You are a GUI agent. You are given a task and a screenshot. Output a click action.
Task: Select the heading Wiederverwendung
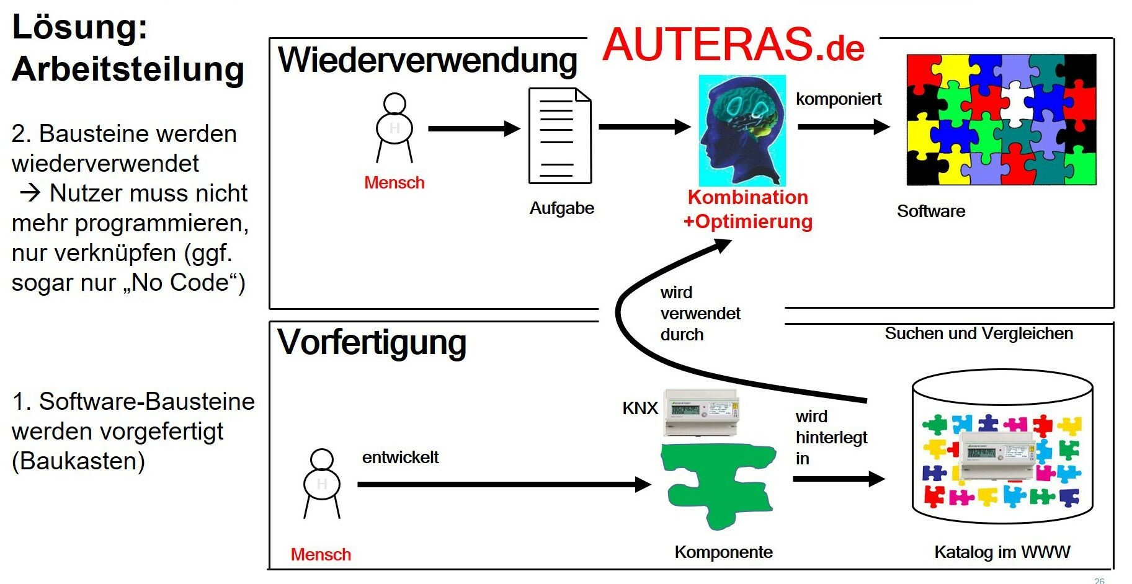(x=427, y=61)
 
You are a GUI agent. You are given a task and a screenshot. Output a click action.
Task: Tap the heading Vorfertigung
(x=372, y=342)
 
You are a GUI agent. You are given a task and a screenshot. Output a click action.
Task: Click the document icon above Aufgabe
(x=559, y=136)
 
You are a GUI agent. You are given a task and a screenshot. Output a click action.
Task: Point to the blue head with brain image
(x=742, y=130)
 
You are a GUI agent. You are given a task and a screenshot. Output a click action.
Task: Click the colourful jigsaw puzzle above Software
(x=1001, y=120)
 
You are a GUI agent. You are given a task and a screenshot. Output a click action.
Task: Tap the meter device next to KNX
(x=701, y=411)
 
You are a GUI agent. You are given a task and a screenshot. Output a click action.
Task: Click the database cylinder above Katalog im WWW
(x=1002, y=446)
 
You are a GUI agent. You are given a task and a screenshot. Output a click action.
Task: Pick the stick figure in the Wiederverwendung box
(x=394, y=128)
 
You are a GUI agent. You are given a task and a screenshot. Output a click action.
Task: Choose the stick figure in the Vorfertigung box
(x=321, y=483)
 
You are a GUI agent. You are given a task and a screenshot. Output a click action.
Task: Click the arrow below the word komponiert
(x=844, y=126)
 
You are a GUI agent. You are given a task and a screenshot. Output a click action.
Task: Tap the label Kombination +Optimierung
(x=747, y=209)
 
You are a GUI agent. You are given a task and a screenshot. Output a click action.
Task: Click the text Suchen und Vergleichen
(x=978, y=334)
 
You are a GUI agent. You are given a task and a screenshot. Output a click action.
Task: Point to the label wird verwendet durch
(x=700, y=313)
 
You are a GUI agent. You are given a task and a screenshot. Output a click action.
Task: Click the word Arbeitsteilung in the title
(x=128, y=69)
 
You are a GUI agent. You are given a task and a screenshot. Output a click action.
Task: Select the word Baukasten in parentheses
(x=78, y=461)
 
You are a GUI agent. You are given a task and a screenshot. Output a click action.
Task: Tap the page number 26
(x=1099, y=580)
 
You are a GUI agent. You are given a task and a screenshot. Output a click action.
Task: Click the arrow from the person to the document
(x=474, y=128)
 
